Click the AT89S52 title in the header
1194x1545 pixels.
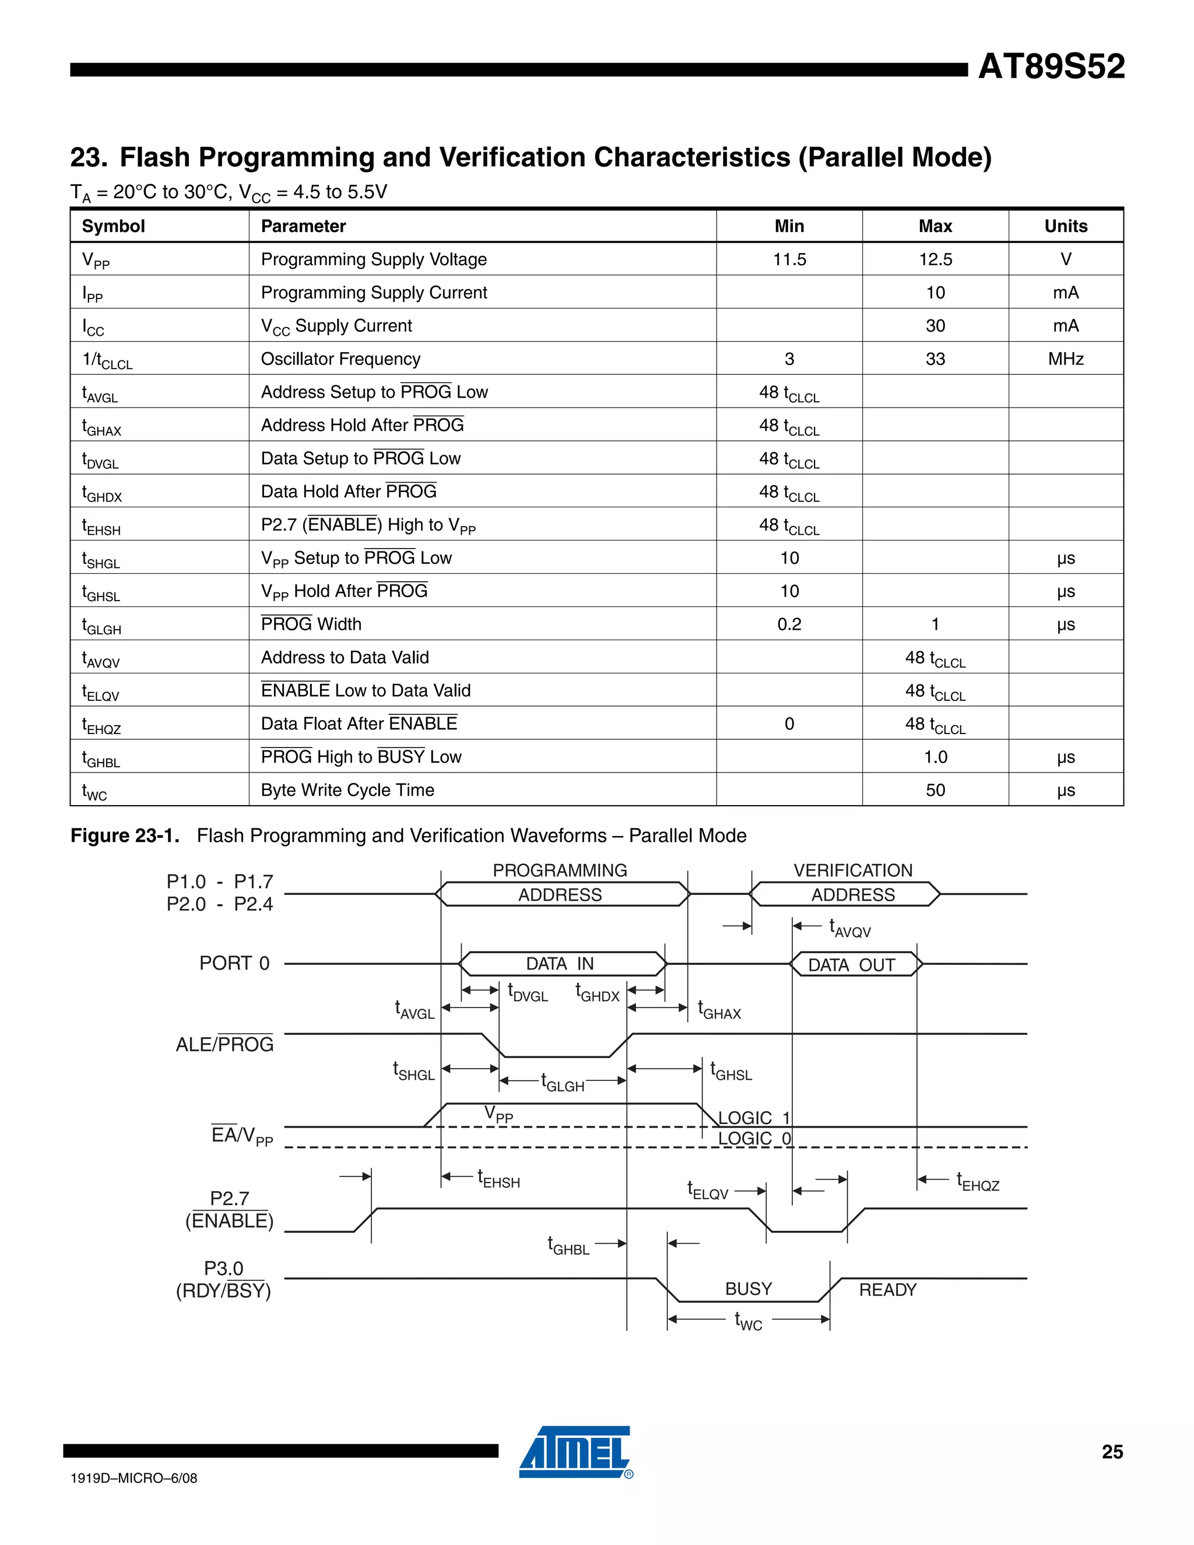[x=1051, y=66]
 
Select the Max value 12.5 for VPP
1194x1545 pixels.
[x=935, y=259]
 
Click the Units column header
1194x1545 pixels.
[x=1065, y=226]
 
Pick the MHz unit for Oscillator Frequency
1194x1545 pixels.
[x=1065, y=359]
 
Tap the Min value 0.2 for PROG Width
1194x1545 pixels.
[x=789, y=624]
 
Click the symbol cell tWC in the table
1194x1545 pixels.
[x=95, y=791]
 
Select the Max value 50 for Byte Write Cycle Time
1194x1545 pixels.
[x=935, y=790]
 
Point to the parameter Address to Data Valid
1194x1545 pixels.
[x=345, y=658]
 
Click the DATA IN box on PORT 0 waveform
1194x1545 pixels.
[x=560, y=964]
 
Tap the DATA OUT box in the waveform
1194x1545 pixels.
[x=852, y=965]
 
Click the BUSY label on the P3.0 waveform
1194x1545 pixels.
[x=749, y=1289]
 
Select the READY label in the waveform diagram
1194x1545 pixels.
[x=887, y=1290]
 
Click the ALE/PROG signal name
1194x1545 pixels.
[x=224, y=1045]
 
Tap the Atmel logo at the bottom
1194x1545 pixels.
[x=575, y=1452]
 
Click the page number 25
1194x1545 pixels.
[x=1112, y=1452]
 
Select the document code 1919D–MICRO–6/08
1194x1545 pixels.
[x=134, y=1479]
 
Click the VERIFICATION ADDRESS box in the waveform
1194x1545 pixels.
[x=852, y=895]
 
